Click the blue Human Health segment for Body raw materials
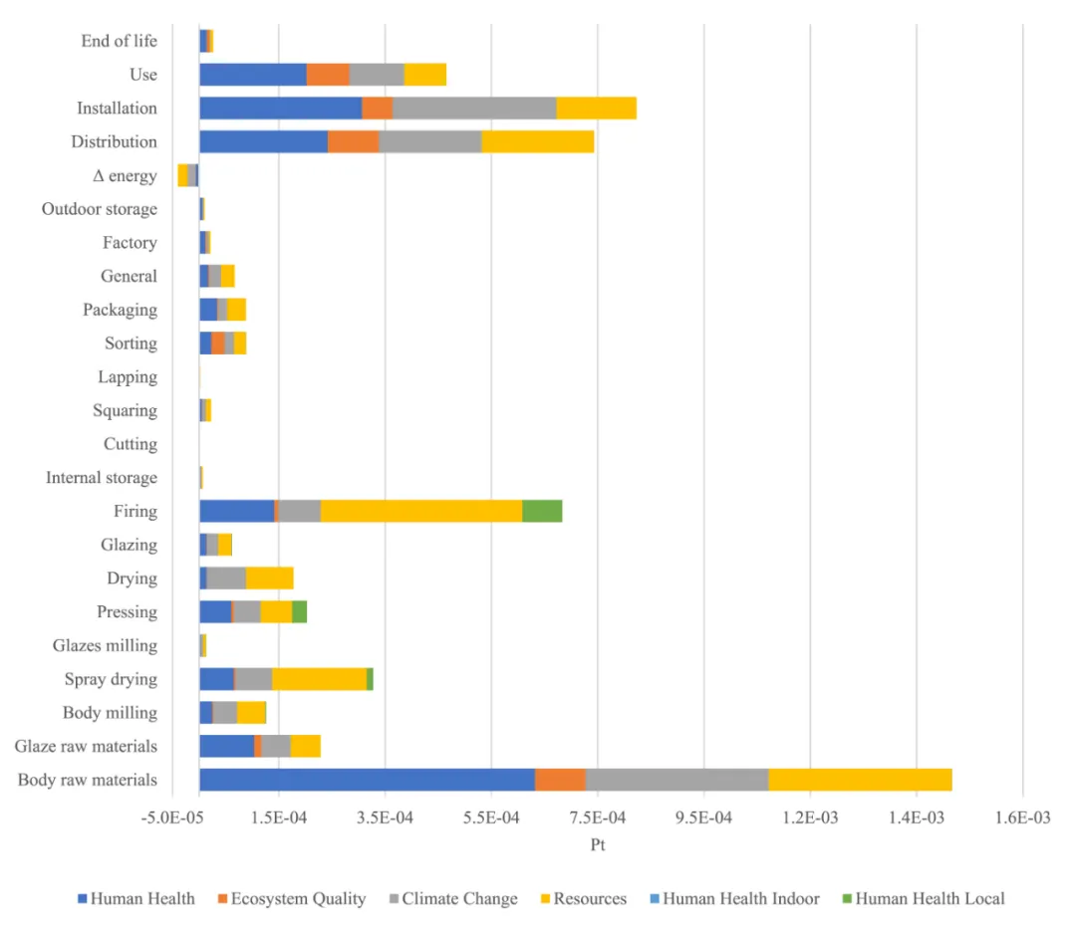[x=367, y=780]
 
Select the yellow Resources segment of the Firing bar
[x=420, y=511]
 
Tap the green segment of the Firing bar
[x=542, y=511]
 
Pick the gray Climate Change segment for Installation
[x=474, y=108]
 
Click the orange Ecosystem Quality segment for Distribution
[x=353, y=141]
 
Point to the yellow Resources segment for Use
[x=424, y=75]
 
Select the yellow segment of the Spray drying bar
[x=319, y=679]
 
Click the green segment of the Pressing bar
[x=299, y=611]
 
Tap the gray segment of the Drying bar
[x=226, y=578]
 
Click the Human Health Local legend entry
[x=930, y=898]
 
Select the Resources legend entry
[x=590, y=898]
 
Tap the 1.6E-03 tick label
[x=1022, y=817]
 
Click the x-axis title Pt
[x=598, y=845]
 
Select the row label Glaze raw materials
[x=86, y=746]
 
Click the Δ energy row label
[x=125, y=175]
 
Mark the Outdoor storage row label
[x=99, y=209]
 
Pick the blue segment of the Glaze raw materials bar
[x=226, y=746]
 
